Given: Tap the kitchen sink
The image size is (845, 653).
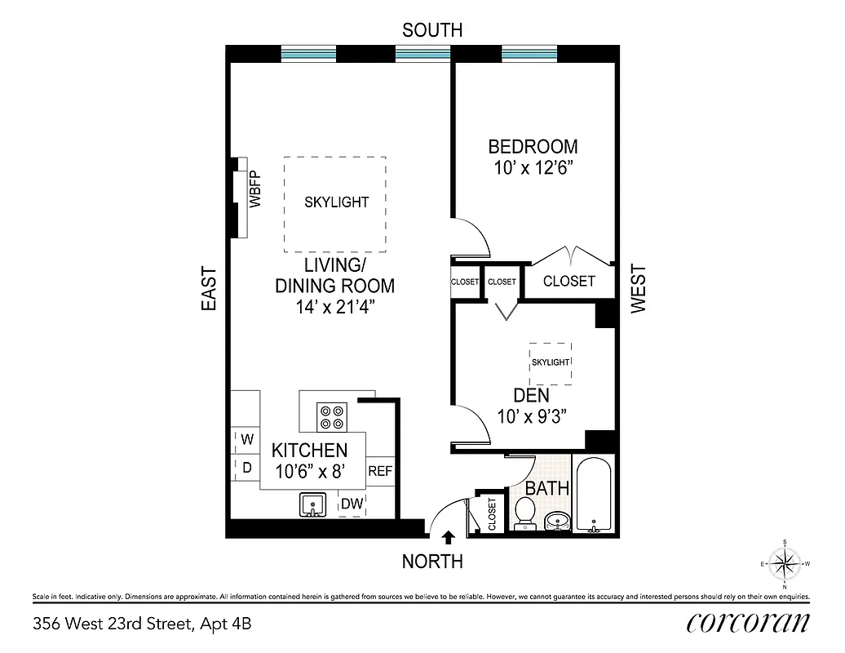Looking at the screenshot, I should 312,505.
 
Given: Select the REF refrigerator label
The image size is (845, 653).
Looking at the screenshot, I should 381,471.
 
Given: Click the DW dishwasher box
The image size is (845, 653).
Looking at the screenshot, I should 352,504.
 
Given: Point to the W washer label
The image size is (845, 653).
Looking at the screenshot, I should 246,439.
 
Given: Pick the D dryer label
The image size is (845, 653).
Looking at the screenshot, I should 246,468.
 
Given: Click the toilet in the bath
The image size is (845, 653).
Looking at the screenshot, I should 525,513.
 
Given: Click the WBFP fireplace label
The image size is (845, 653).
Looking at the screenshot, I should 254,190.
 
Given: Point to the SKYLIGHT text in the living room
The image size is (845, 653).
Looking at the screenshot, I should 336,202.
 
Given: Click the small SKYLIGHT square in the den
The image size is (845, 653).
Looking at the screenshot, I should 550,362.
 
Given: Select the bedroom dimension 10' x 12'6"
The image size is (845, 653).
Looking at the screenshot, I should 533,168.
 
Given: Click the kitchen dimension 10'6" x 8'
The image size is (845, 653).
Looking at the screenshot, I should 309,471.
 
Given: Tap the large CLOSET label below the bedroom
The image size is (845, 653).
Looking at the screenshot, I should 568,281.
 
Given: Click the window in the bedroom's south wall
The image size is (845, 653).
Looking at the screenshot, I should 530,54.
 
